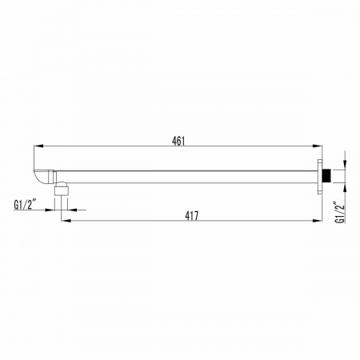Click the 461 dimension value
click(x=178, y=141)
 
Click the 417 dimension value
click(x=192, y=216)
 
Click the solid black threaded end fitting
click(x=325, y=176)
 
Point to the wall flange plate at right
click(x=320, y=176)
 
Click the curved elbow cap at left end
click(x=42, y=177)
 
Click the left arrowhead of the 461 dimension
click(x=38, y=146)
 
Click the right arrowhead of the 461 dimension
click(x=318, y=146)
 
